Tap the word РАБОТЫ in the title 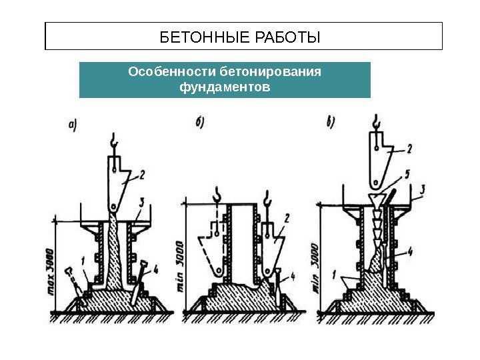[x=287, y=37]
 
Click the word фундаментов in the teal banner [x=225, y=87]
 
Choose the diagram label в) [x=331, y=123]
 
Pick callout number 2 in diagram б [x=287, y=217]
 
